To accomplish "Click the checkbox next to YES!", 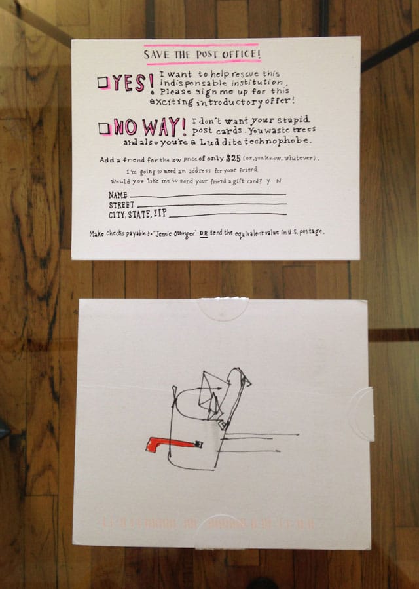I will coord(103,83).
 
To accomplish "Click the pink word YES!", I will coord(133,83).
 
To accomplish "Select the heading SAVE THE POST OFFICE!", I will coord(202,54).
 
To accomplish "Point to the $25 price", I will coord(233,159).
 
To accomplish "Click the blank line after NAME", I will coord(208,195).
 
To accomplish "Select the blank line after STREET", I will coord(212,204).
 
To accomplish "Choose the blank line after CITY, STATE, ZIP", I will coord(227,214).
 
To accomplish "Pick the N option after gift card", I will coord(278,180).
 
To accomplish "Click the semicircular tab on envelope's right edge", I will coord(362,413).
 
